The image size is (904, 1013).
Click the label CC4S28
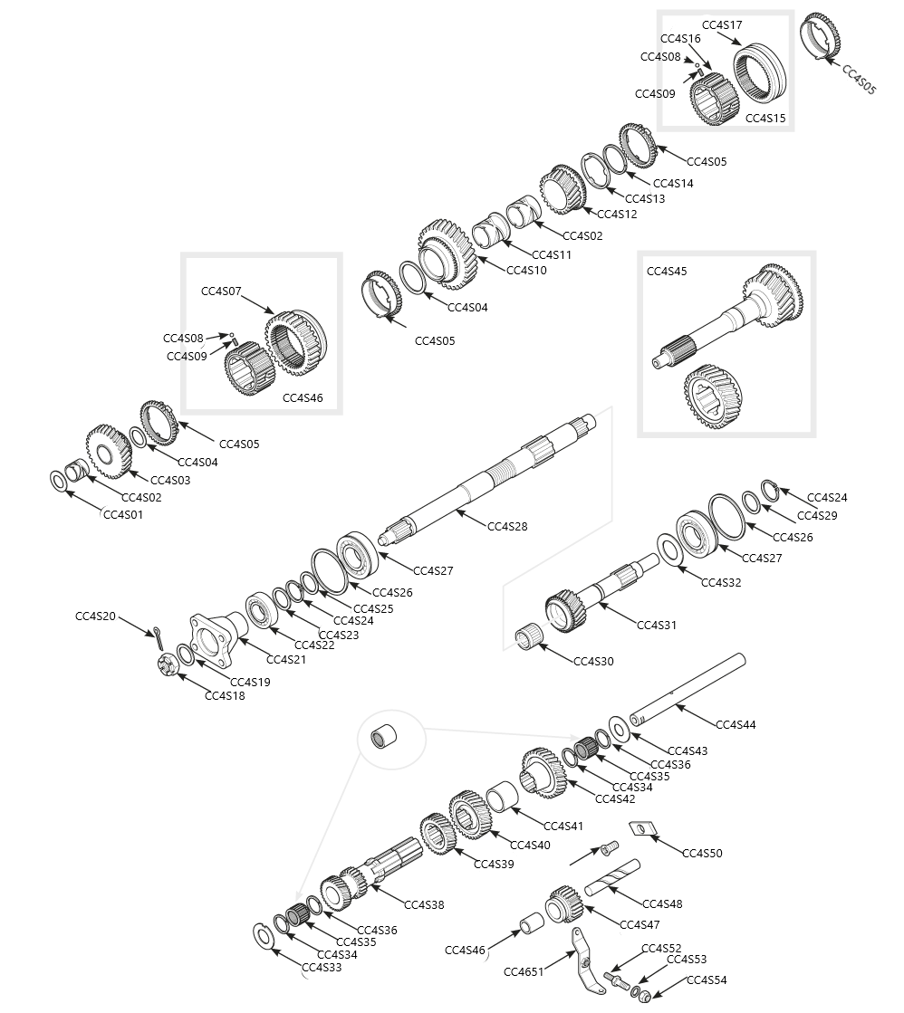tap(507, 526)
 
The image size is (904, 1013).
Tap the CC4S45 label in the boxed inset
tap(667, 271)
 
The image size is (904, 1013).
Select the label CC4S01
tap(123, 514)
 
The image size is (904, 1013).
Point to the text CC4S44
tap(736, 724)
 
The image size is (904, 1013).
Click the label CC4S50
tap(702, 853)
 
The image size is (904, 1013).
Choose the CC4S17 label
tap(722, 24)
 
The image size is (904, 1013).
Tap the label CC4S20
tap(95, 616)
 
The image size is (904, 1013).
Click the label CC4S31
tap(657, 625)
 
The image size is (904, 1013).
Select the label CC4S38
tap(424, 904)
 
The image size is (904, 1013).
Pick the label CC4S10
tap(526, 270)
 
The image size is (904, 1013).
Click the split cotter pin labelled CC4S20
tap(158, 639)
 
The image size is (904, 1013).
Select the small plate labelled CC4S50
tap(641, 828)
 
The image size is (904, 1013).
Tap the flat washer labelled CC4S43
tap(620, 728)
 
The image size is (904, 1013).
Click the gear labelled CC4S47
tap(564, 905)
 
